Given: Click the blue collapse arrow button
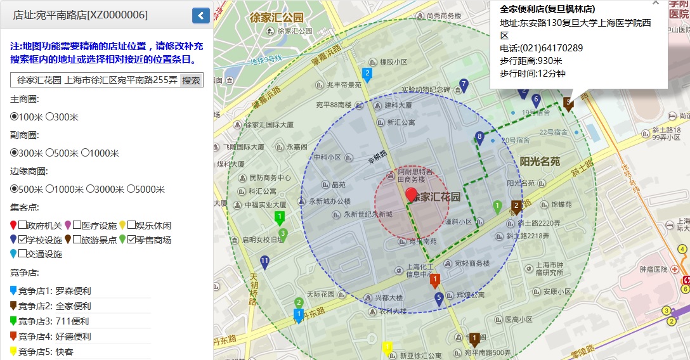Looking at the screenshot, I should [x=201, y=16].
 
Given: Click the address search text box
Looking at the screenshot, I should [x=95, y=80].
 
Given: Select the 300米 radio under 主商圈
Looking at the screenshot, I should [x=49, y=117].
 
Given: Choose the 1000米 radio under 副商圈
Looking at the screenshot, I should [x=85, y=153].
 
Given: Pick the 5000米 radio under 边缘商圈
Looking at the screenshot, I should [x=131, y=189].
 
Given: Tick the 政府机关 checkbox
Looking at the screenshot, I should [x=22, y=225].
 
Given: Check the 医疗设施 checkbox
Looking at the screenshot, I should [x=77, y=225].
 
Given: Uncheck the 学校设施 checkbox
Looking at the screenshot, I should [x=22, y=240].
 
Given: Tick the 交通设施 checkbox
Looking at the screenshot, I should [x=22, y=254].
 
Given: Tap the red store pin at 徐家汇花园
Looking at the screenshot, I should [x=412, y=195].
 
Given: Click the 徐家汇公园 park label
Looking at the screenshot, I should [x=277, y=17].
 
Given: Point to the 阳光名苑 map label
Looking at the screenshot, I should [x=540, y=162].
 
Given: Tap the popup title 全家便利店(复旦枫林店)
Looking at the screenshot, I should [x=547, y=9].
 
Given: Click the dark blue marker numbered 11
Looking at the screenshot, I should [x=264, y=262].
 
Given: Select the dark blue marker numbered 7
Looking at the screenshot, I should [x=464, y=85].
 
